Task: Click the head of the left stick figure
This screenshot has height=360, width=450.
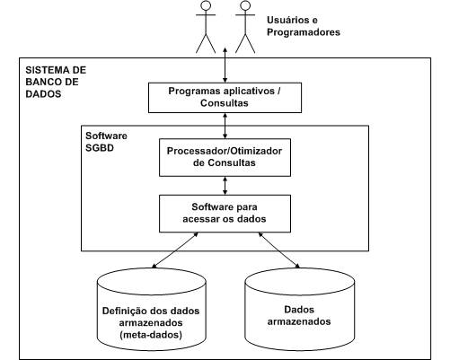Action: coord(206,5)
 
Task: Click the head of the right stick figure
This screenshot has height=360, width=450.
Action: coord(245,5)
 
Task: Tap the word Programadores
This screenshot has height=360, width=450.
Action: coord(304,32)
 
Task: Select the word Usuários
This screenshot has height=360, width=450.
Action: coord(288,20)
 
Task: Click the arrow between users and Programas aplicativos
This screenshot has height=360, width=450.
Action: coord(225,65)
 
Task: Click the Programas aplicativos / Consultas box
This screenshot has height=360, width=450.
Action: coord(225,98)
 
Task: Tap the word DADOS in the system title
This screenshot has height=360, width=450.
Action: coord(43,94)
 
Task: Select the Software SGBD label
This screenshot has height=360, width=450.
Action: coord(106,142)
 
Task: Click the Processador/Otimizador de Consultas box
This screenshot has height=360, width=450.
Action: coord(225,157)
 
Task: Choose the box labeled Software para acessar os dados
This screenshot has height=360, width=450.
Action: coord(225,214)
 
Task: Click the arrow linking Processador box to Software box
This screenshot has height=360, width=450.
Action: coord(225,186)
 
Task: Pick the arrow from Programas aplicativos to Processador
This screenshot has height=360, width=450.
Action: coord(225,126)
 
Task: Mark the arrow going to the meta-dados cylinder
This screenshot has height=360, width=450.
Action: coord(175,250)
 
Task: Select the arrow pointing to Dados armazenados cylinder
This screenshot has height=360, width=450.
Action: coord(279,250)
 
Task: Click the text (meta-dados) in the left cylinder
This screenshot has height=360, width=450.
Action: coord(151,335)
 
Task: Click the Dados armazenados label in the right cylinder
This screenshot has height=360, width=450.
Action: coord(299,315)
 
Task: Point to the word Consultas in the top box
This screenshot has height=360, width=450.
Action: coord(225,103)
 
